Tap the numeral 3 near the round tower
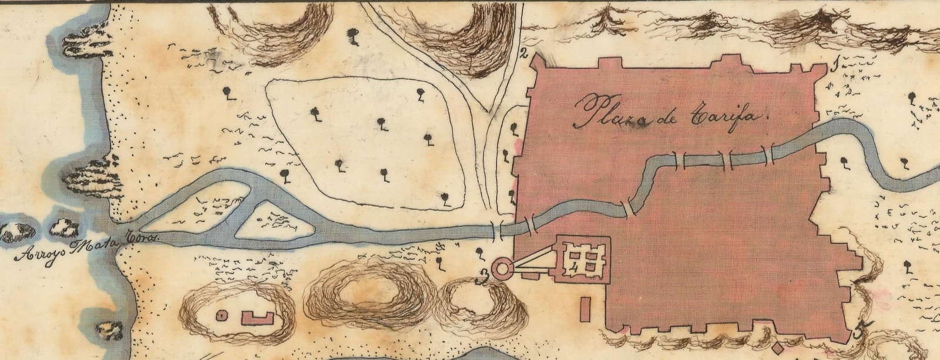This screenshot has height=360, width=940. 483,276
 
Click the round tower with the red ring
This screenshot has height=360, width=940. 502,270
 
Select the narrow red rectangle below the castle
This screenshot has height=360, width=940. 585,309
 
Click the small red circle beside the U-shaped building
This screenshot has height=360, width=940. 221,315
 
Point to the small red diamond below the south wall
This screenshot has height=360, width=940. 779,345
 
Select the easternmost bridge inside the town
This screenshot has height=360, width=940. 768,154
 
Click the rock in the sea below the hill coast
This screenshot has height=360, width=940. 110,331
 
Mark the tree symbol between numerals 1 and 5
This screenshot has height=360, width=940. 908,267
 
